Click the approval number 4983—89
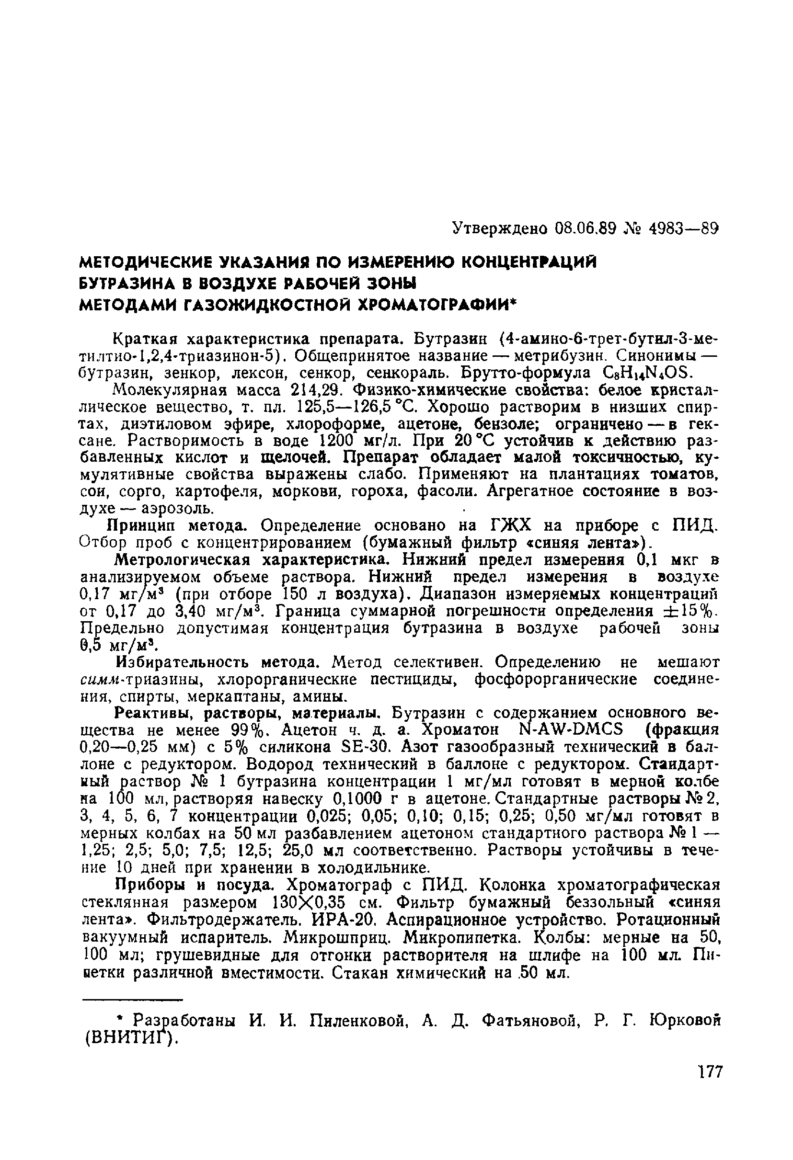684,229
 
